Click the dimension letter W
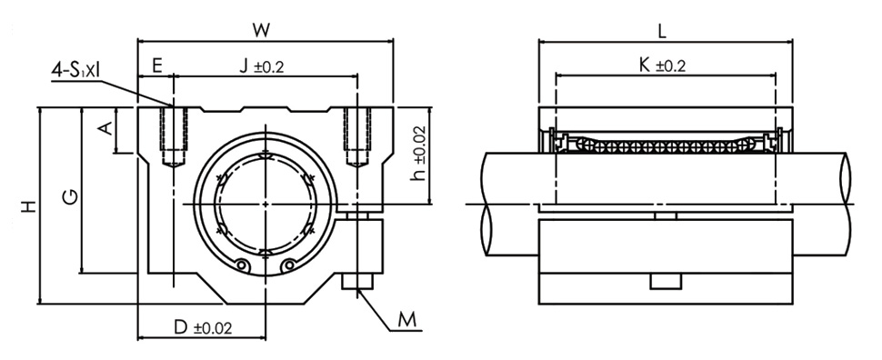[x=260, y=30]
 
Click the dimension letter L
[x=662, y=32]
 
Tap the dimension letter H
[x=29, y=205]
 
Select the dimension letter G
[x=70, y=196]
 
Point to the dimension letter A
[x=105, y=129]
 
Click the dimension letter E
[x=157, y=65]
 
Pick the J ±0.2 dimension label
[x=262, y=65]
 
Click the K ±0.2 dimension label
[x=662, y=65]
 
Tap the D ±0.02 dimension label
[x=203, y=327]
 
